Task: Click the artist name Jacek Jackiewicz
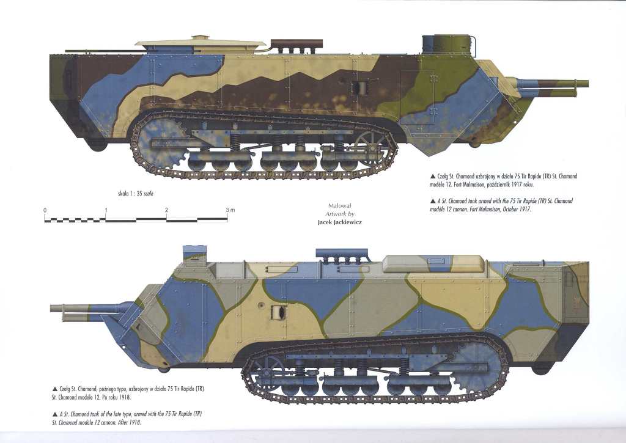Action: [x=339, y=222]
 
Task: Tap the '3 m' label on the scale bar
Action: [x=230, y=210]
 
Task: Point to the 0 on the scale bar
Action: [x=45, y=210]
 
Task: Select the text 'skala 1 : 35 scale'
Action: [x=135, y=194]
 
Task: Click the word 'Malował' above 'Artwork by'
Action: [x=339, y=206]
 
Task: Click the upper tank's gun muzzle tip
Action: [x=587, y=84]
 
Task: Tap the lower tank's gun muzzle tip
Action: [x=51, y=308]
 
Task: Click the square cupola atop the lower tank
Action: [x=194, y=256]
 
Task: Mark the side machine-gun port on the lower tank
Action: [x=279, y=312]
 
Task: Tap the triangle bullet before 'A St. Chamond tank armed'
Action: [x=433, y=201]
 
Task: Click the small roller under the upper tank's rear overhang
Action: [x=97, y=145]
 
